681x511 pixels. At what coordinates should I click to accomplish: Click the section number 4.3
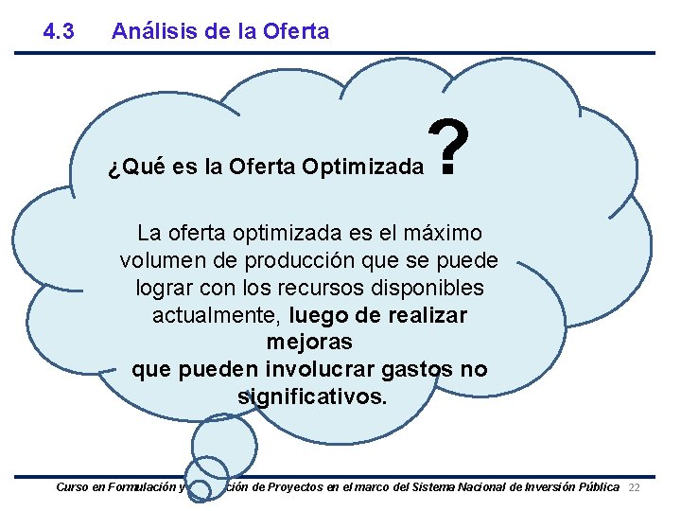point(59,31)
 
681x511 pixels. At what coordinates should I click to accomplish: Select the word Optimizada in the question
point(363,168)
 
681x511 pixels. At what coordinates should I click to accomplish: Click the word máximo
point(445,233)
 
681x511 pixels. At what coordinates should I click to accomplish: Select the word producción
point(289,260)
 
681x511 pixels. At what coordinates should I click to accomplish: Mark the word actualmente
point(217,315)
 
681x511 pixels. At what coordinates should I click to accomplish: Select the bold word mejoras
point(310,342)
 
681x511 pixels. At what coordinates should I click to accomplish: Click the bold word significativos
point(312,396)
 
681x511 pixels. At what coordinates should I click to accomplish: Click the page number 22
point(635,487)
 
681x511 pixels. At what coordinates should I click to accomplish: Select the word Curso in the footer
point(72,487)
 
